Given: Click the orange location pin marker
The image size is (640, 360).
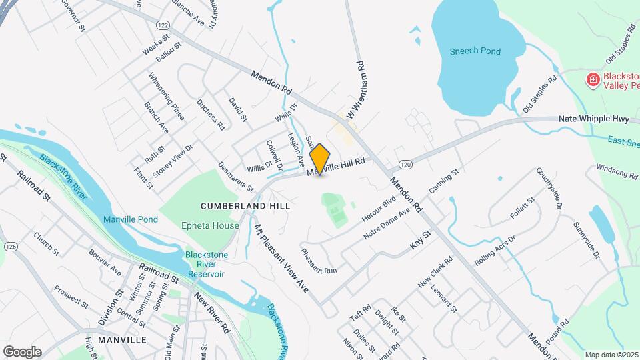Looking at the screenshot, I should tap(320, 159).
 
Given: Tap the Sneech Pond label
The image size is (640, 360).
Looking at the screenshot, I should tap(475, 51).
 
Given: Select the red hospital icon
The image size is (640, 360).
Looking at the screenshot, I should tap(591, 81).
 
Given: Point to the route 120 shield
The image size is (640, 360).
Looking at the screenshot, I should tap(405, 164).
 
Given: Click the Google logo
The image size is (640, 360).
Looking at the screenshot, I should tap(22, 352).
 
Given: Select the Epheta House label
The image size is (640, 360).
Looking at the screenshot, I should tap(210, 226).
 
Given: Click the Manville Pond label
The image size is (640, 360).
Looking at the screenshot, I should tap(130, 219).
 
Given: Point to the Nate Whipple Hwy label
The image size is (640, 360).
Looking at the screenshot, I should tap(593, 119).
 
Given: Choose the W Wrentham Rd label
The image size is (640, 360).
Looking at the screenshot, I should tap(354, 91).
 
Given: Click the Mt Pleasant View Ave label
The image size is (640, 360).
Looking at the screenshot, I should tap(281, 258).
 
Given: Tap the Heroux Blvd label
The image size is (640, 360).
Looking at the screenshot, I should tap(379, 209).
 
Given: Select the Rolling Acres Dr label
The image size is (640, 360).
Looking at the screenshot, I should tap(495, 249).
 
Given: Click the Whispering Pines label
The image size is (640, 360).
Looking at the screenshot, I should tap(167, 97).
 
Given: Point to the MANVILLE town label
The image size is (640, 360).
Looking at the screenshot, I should tap(121, 340).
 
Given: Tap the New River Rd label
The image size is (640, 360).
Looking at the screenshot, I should tap(212, 313).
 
